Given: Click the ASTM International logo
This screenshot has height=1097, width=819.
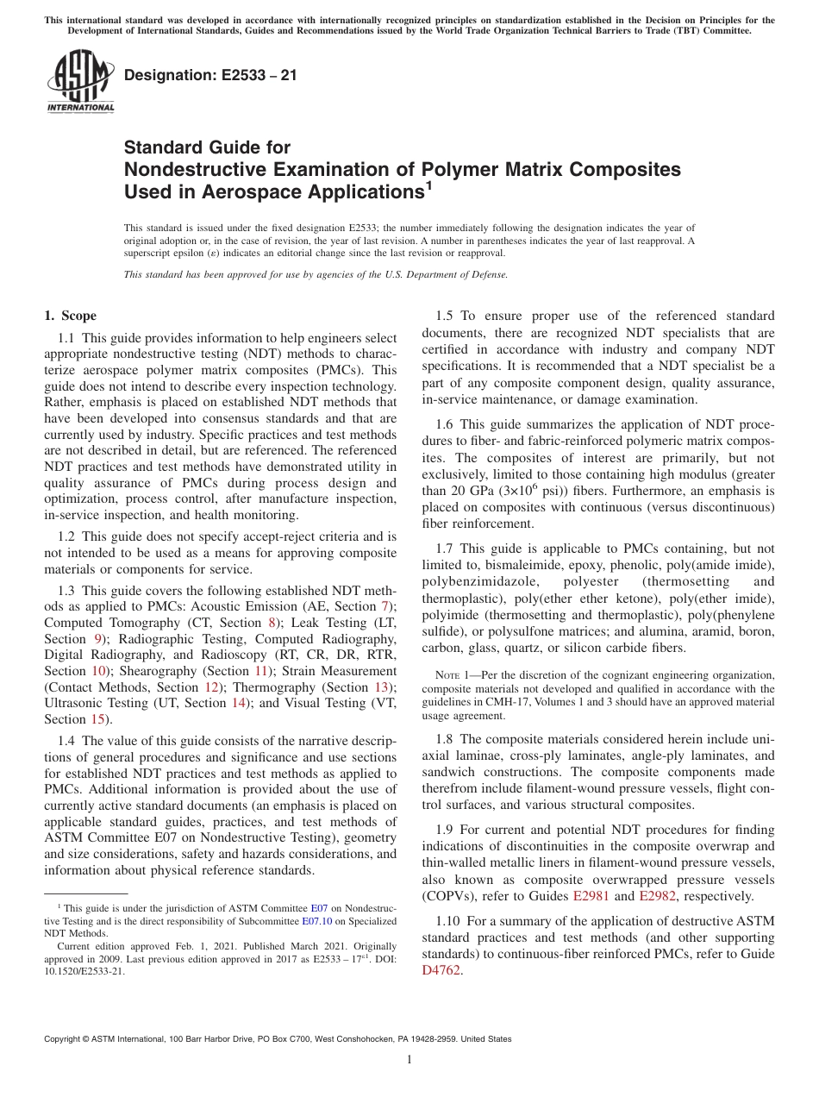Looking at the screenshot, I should (x=79, y=82).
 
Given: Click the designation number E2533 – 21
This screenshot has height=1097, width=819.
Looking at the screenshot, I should (x=210, y=75).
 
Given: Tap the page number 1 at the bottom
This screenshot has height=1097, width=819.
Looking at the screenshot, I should (x=409, y=1060).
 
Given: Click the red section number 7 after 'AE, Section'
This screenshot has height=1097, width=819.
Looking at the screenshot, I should (x=385, y=605).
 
